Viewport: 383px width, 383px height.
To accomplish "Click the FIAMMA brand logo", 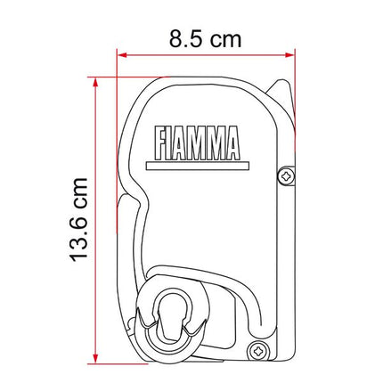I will [195, 140].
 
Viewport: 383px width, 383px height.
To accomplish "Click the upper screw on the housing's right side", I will [283, 176].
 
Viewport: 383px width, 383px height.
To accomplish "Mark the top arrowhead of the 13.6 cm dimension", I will [92, 82].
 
